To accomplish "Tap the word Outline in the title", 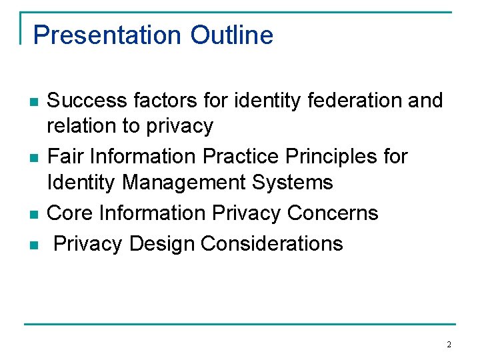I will pos(231,35).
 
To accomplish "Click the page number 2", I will pos(449,345).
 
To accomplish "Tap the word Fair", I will pos(65,156).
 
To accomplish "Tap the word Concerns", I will pos(333,213).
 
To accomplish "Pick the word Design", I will pos(162,243).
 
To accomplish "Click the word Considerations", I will pos(271,243).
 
